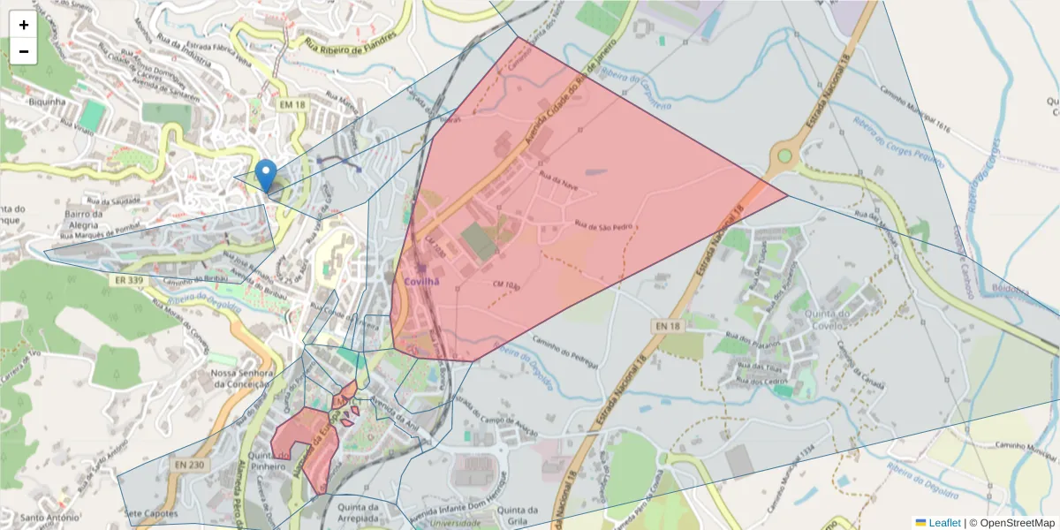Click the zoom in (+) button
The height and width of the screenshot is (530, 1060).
[x=24, y=25]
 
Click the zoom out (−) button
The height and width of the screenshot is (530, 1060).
[x=24, y=51]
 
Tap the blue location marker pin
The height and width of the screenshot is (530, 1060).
[x=265, y=175]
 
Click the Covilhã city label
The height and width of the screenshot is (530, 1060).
[x=421, y=281]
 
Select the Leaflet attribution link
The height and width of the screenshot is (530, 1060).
[x=943, y=523]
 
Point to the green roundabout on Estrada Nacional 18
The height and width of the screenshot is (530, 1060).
[x=783, y=157]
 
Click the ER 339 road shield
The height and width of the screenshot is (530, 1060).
[x=129, y=280]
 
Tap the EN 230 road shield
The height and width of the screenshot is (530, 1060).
[x=189, y=466]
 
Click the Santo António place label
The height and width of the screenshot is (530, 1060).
[x=44, y=518]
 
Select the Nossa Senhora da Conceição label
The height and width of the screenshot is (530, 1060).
[x=238, y=380]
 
